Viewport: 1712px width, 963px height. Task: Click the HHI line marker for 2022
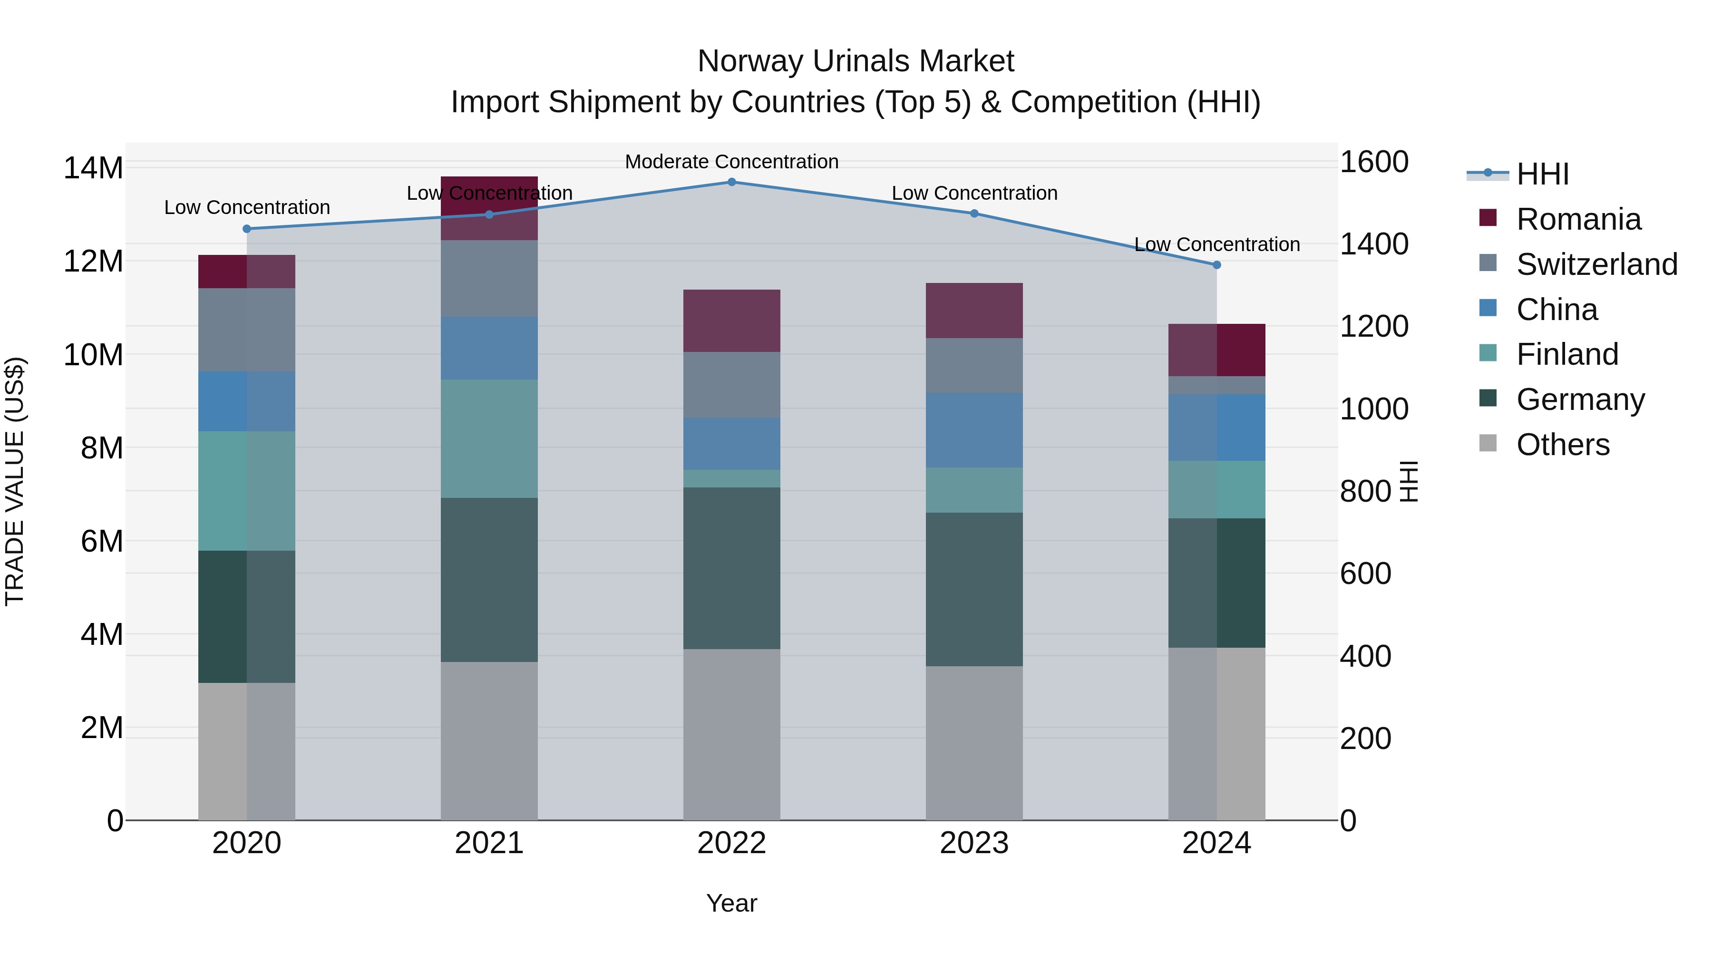pos(732,182)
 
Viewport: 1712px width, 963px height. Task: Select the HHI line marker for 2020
pos(246,229)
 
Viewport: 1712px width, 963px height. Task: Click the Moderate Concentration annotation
pos(732,162)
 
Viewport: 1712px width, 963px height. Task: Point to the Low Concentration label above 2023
pos(974,194)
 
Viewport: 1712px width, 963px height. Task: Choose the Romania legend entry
pos(1578,219)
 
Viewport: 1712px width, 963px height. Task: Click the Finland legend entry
pos(1567,354)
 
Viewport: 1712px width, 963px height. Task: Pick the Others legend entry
pos(1563,445)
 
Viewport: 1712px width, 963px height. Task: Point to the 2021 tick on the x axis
pos(489,843)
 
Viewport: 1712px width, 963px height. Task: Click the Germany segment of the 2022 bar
pos(732,568)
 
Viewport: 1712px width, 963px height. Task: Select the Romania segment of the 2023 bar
pos(974,311)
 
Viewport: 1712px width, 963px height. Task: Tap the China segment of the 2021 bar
pos(489,348)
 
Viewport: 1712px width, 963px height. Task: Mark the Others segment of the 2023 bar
pos(974,743)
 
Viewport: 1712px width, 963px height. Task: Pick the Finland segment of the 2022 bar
pos(732,478)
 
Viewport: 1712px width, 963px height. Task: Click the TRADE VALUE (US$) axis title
pos(15,481)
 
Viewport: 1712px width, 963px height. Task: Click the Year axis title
pos(732,903)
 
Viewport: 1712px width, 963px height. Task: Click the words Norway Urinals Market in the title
pos(856,61)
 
